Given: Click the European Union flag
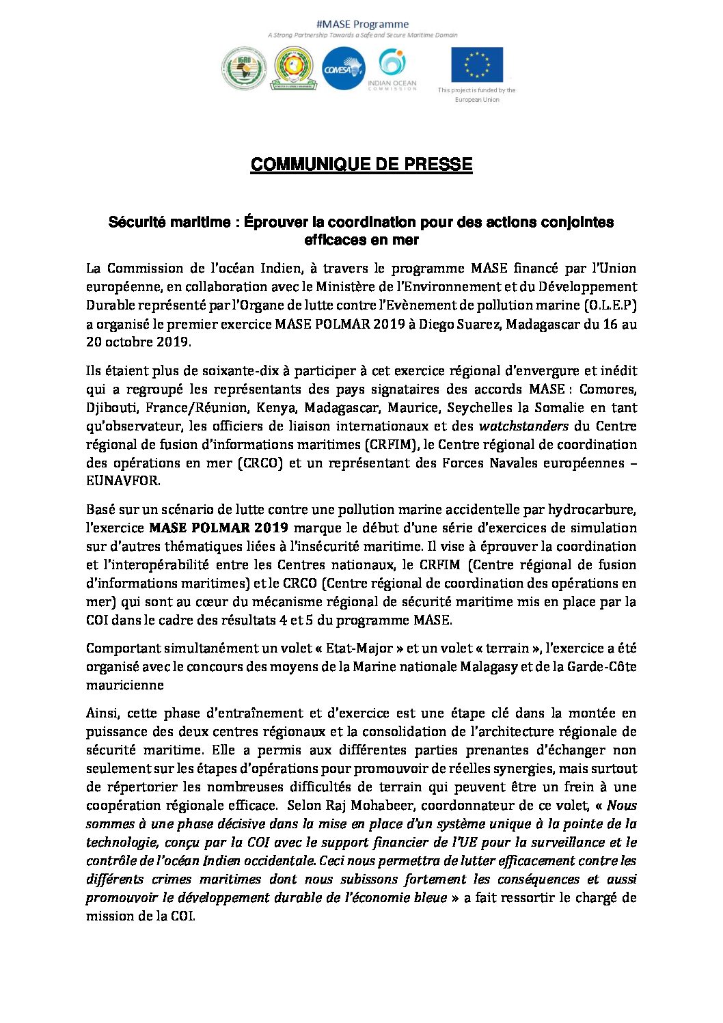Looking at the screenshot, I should click(x=476, y=65).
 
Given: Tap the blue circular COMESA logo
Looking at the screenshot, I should click(x=343, y=68).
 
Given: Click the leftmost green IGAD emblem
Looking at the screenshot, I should click(x=244, y=68).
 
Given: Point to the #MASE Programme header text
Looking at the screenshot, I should click(x=362, y=25).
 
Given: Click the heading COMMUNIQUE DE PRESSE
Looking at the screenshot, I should click(x=361, y=165).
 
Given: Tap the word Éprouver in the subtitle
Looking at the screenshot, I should click(x=276, y=222).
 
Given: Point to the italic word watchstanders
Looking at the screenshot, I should click(x=523, y=426).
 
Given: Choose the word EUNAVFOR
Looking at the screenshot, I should click(x=123, y=481).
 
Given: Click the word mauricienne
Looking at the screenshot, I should click(x=125, y=685).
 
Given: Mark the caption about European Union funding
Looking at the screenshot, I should click(x=477, y=95).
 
